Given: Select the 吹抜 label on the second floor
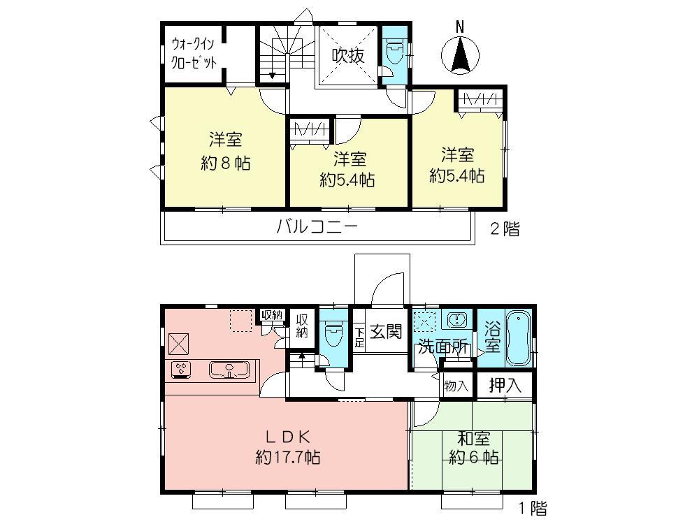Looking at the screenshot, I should (x=347, y=56).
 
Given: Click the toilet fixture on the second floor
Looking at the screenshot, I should (x=395, y=53).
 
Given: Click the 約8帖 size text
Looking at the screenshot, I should (x=226, y=163).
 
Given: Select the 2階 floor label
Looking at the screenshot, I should (x=504, y=229).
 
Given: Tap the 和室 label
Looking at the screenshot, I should (x=473, y=439).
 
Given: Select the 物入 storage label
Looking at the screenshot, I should (x=457, y=386).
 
